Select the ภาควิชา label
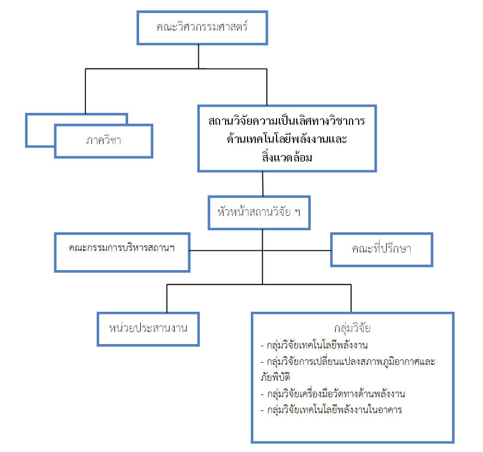[x=104, y=141]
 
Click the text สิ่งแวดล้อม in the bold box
[x=287, y=157]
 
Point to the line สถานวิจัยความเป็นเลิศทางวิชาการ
[x=286, y=121]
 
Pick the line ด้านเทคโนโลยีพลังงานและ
[x=287, y=139]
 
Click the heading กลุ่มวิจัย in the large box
[x=352, y=328]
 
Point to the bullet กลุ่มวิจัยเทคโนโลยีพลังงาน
[x=314, y=345]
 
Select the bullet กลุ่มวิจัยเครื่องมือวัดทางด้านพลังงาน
[x=333, y=394]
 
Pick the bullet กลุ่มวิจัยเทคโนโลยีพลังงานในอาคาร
[x=331, y=410]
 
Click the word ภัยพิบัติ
[x=275, y=377]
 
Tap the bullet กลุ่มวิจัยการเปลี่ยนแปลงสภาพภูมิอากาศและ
[x=348, y=362]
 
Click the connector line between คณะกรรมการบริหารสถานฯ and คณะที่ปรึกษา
[x=260, y=250]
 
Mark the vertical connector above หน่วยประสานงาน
[x=167, y=298]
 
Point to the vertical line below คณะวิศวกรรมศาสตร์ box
[x=199, y=56]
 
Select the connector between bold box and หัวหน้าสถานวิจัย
[x=263, y=184]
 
